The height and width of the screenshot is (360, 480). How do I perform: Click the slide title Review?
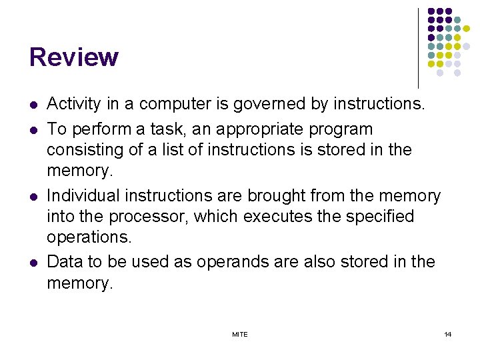pyautogui.click(x=73, y=58)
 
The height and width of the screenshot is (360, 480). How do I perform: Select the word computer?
pyautogui.click(x=167, y=104)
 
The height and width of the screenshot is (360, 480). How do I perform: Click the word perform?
pyautogui.click(x=99, y=129)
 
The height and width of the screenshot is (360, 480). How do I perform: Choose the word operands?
pyautogui.click(x=215, y=262)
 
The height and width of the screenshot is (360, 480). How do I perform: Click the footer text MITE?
pyautogui.click(x=240, y=334)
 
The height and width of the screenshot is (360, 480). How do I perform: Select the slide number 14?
pyautogui.click(x=447, y=334)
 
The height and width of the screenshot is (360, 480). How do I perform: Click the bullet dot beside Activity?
pyautogui.click(x=33, y=105)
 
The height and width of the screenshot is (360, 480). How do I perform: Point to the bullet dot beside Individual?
pyautogui.click(x=33, y=197)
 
